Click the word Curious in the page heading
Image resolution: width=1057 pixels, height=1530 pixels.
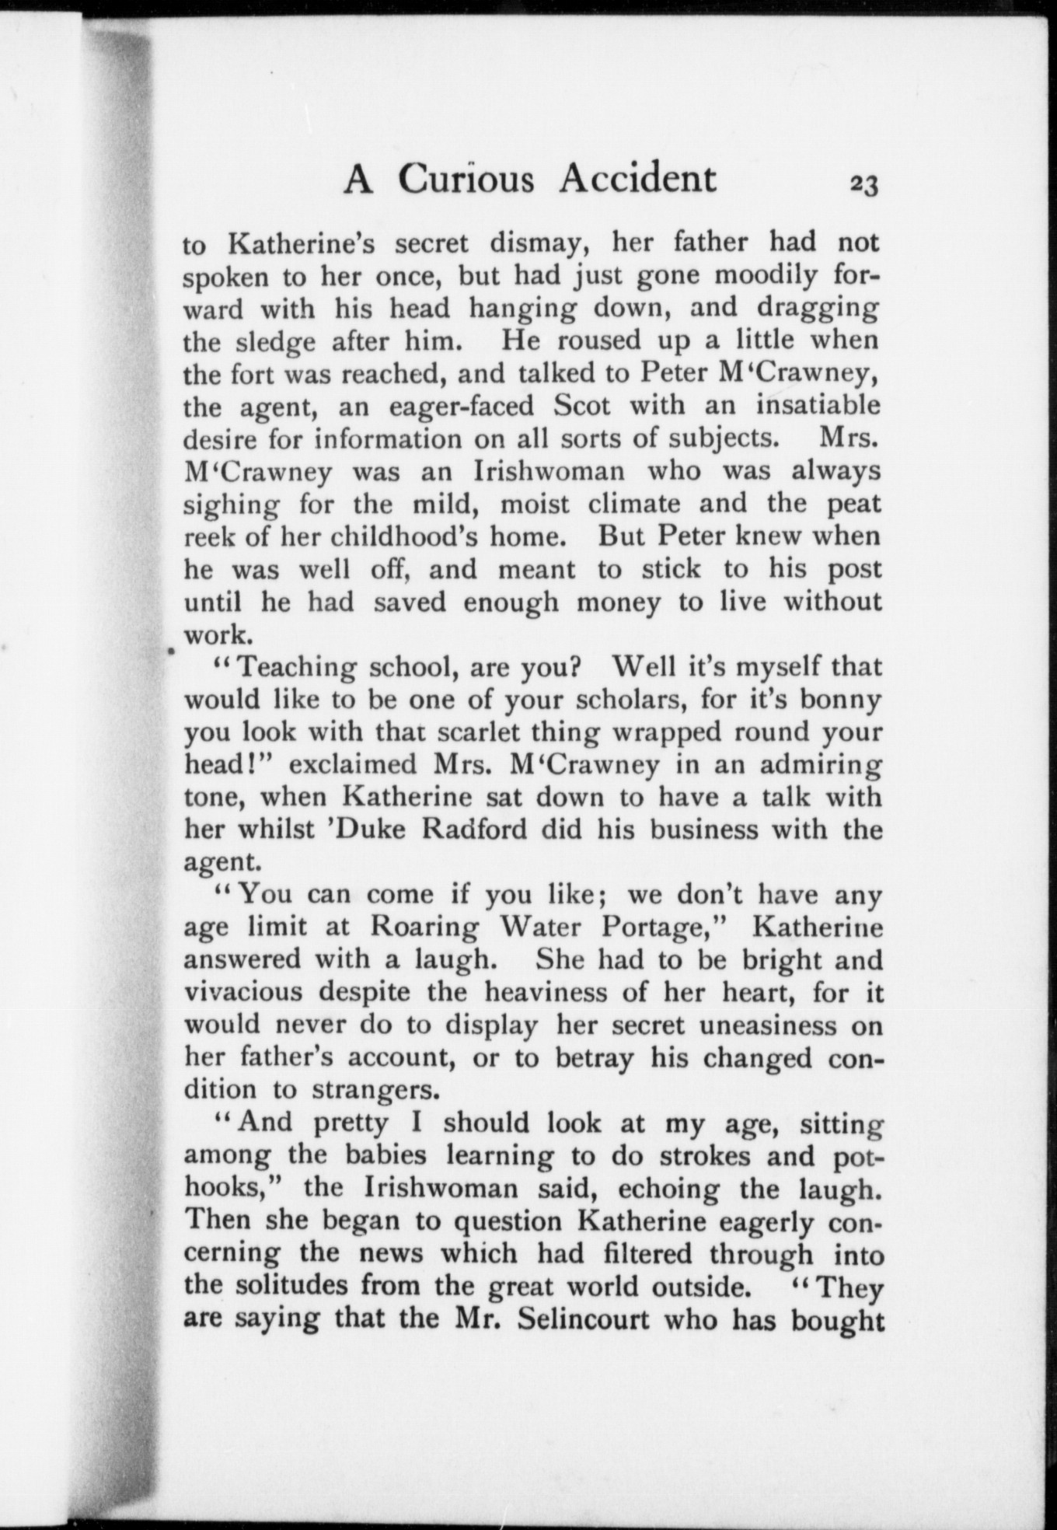466,179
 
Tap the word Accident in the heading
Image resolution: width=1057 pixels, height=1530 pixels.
637,179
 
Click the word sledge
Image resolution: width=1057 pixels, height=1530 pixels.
278,342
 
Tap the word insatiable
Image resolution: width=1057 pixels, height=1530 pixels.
818,406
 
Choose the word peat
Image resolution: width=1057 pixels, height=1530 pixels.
853,505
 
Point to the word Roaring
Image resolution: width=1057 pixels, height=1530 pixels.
424,927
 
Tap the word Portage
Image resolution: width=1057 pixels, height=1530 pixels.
665,927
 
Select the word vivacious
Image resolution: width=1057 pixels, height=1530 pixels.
243,993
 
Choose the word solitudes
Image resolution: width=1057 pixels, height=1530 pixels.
291,1286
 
